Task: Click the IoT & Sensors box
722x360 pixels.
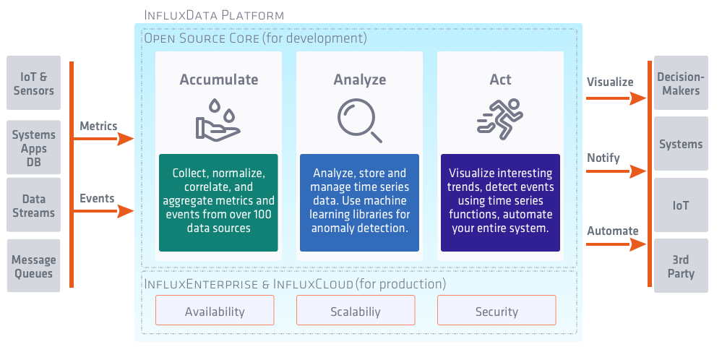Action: [x=33, y=83]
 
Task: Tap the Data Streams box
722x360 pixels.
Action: [x=33, y=205]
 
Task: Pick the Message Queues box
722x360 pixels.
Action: [x=33, y=266]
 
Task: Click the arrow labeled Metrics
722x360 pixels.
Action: [x=105, y=139]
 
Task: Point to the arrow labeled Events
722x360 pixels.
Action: [x=105, y=211]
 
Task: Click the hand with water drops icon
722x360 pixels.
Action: [x=218, y=120]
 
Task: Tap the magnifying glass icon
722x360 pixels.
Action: [x=359, y=120]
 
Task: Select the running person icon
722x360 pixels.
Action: [x=499, y=120]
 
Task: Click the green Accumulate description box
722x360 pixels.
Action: [x=218, y=202]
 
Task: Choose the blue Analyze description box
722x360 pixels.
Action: [x=359, y=202]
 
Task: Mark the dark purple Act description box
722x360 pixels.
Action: [x=500, y=202]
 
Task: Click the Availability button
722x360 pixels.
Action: [x=215, y=311]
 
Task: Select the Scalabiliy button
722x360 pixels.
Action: [x=356, y=311]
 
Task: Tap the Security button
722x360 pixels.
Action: [x=497, y=311]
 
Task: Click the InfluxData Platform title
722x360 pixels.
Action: [x=214, y=14]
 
